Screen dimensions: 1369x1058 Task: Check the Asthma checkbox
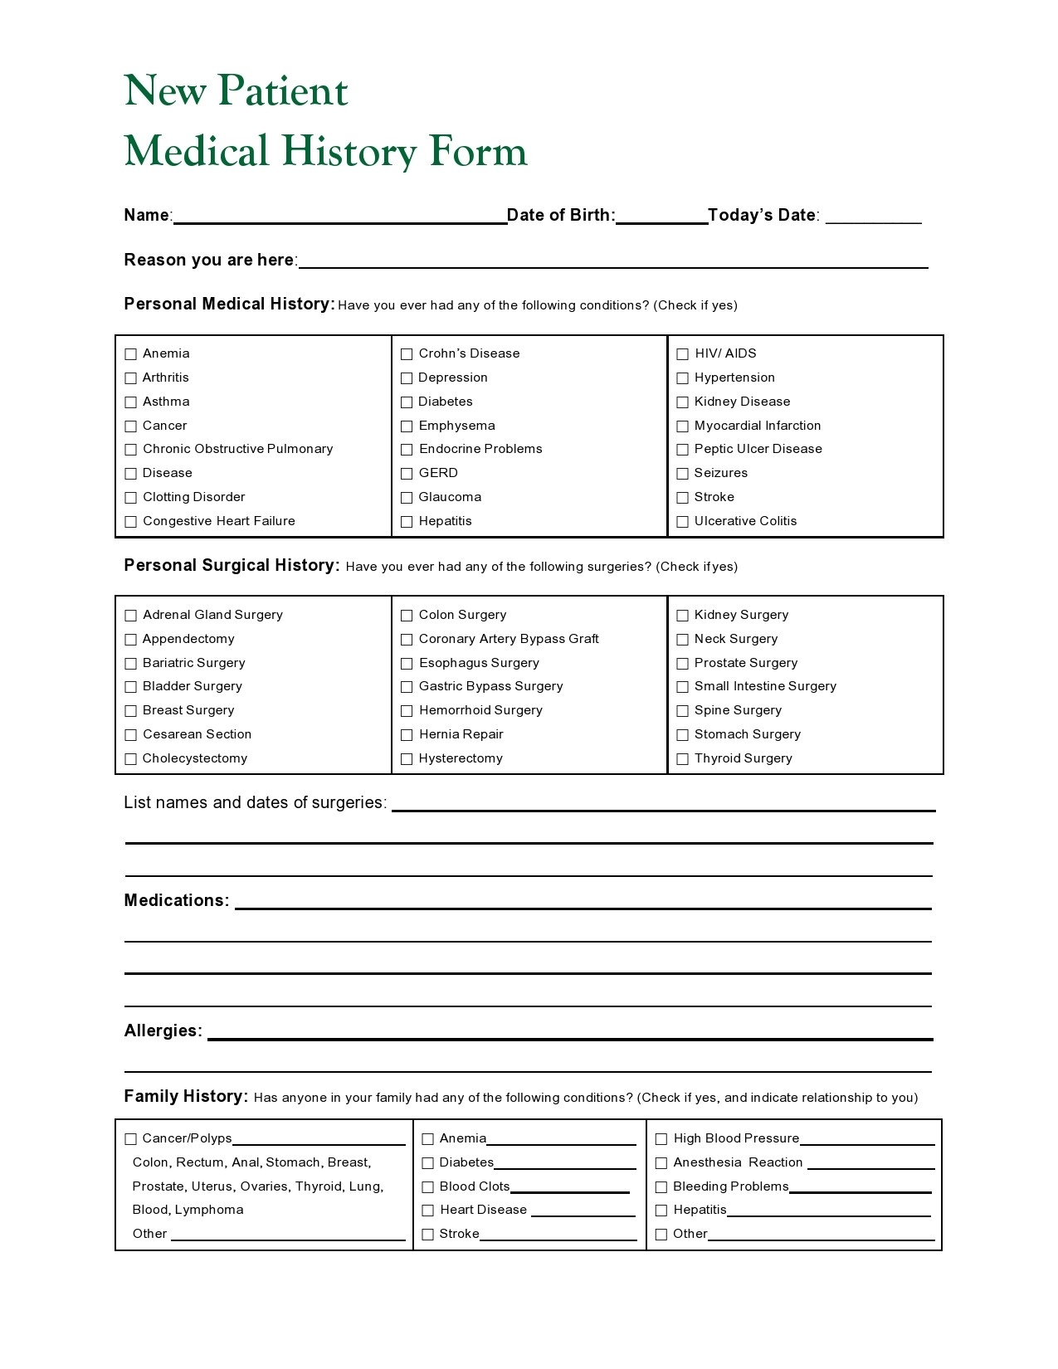(x=130, y=402)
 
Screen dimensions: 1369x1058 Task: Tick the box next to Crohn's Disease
(x=407, y=354)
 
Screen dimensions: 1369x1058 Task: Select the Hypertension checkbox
(x=682, y=378)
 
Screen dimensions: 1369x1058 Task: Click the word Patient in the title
(x=283, y=90)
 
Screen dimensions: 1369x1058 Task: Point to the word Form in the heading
(x=478, y=151)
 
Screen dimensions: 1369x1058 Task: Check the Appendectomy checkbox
(x=130, y=640)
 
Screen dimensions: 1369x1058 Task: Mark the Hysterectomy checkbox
(x=407, y=759)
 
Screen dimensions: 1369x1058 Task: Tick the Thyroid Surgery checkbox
(x=682, y=759)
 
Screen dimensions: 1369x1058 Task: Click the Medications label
(x=176, y=901)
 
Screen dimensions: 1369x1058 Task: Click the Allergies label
(x=163, y=1031)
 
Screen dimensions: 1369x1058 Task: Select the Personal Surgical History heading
(x=232, y=566)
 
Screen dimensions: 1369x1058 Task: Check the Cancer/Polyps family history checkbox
(x=130, y=1139)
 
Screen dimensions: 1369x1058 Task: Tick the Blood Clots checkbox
(x=427, y=1187)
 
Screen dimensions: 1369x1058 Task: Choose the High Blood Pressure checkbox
(x=661, y=1139)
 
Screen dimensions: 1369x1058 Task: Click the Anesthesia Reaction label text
(x=738, y=1163)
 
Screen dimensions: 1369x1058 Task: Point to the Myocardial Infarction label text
(x=757, y=426)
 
